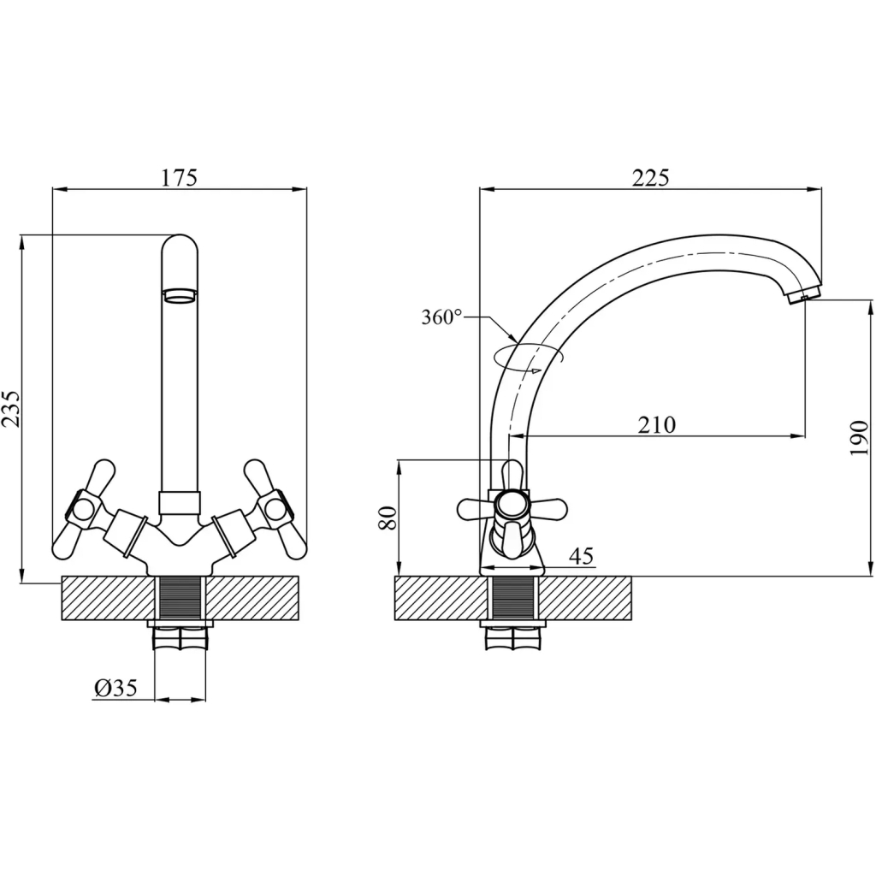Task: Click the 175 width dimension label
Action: [180, 178]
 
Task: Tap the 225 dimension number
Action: [650, 178]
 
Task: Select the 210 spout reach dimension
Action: [657, 424]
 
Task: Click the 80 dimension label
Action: [388, 518]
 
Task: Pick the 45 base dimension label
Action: [581, 557]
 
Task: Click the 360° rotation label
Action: [441, 317]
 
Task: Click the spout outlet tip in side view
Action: [802, 296]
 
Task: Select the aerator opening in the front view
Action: [180, 296]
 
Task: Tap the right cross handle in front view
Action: [270, 509]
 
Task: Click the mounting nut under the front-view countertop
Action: [180, 636]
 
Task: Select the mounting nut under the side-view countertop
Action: [512, 636]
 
